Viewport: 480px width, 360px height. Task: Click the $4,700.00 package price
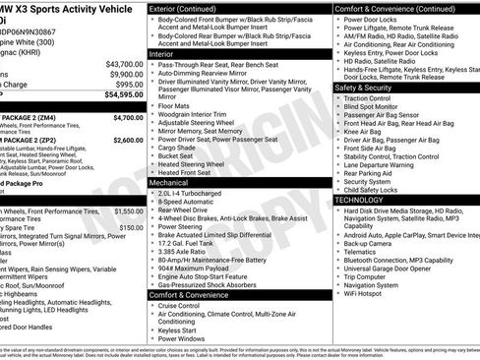coord(128,117)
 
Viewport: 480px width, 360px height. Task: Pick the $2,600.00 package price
coord(128,140)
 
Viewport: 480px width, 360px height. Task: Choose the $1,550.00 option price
coord(128,210)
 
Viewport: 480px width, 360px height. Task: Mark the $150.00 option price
coord(131,227)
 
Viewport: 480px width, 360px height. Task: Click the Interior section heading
coord(162,53)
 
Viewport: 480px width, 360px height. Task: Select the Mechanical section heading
coord(170,182)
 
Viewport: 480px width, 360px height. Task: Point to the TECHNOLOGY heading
coord(359,200)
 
